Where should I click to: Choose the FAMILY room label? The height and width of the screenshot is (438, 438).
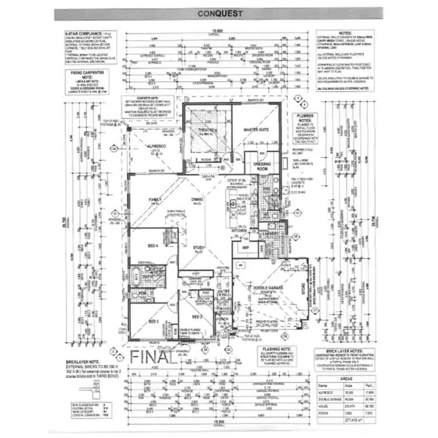(155, 199)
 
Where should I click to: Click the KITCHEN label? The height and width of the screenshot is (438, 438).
(240, 231)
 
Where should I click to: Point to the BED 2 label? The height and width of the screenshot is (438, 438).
(197, 317)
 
